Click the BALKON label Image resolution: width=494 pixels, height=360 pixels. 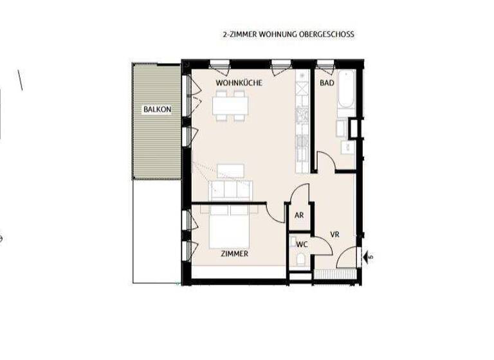coord(158,109)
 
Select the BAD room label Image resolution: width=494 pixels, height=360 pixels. coord(327,84)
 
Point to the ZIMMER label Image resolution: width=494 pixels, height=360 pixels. coord(234,254)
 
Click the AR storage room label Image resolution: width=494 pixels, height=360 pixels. coord(299,216)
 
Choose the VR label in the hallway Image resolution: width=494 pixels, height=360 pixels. coord(335,233)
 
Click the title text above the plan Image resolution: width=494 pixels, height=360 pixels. coord(287,34)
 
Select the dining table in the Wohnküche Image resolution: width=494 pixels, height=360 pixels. coord(230,105)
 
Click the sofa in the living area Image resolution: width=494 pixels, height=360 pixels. coord(231,190)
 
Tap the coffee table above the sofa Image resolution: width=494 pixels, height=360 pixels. coord(231,170)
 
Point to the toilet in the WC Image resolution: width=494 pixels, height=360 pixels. coord(300,258)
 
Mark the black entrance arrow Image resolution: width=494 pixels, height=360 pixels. coord(368,256)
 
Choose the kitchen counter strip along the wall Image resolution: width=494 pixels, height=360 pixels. coord(302,122)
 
